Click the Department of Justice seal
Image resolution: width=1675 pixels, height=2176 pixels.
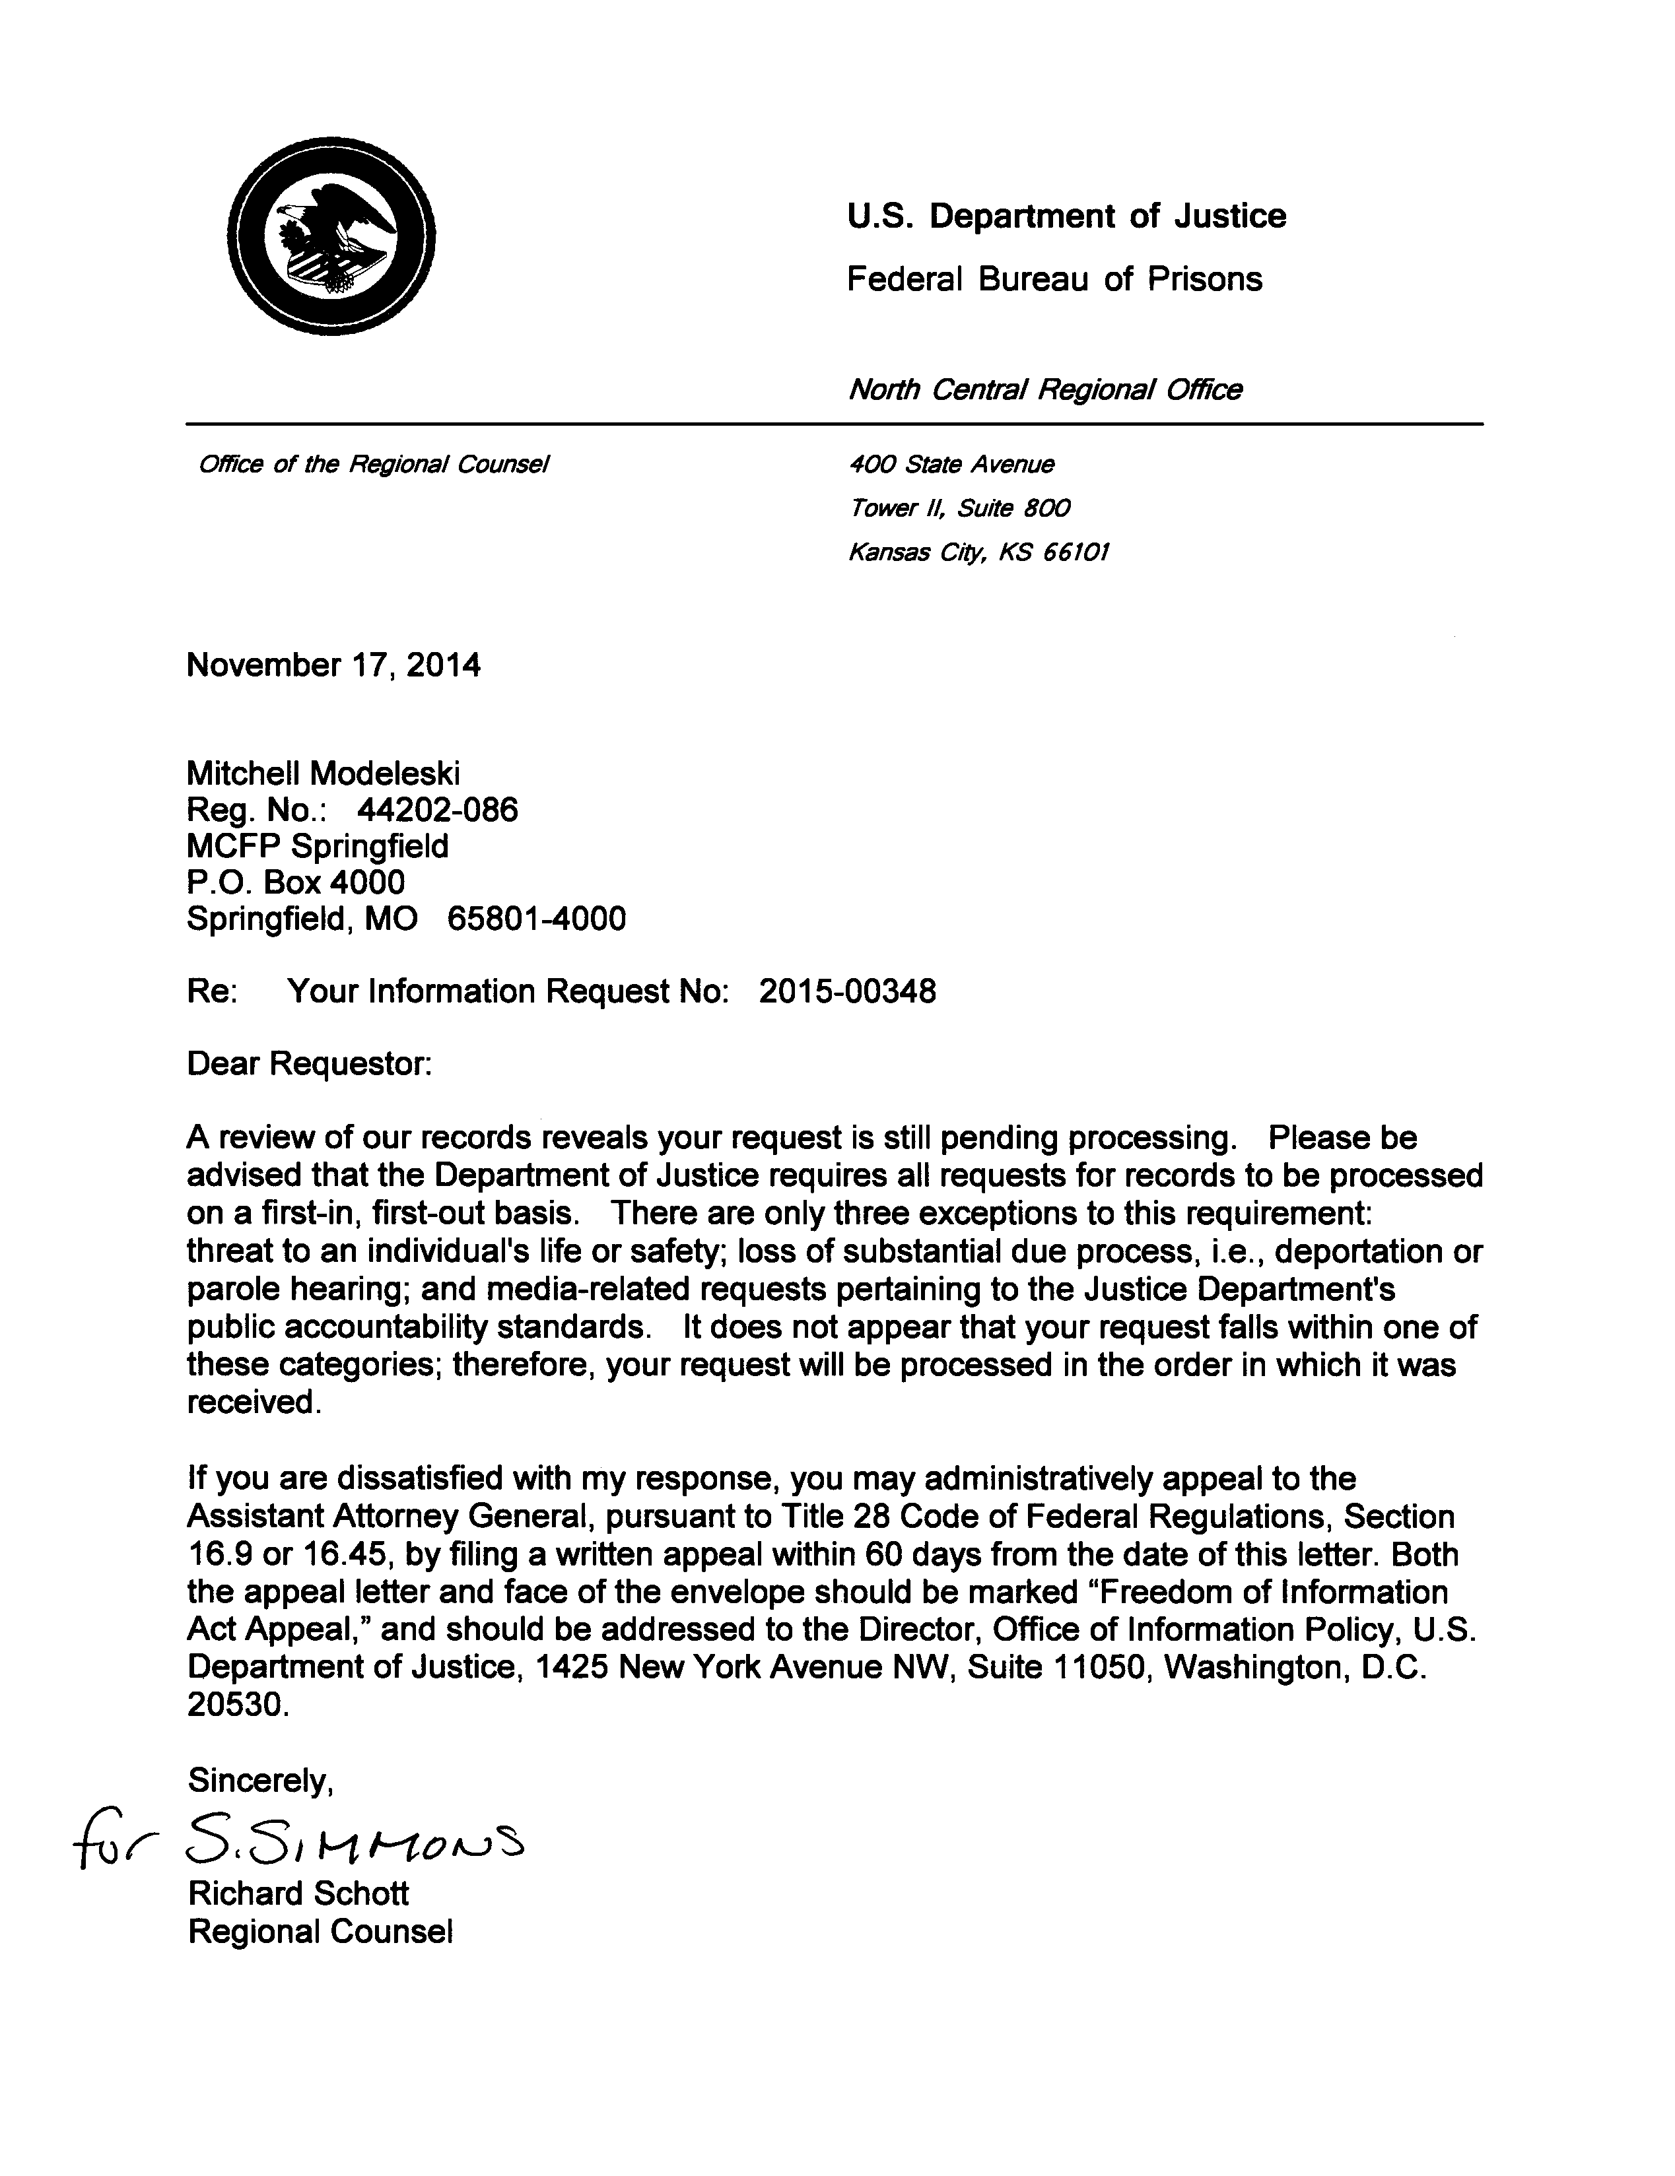pyautogui.click(x=331, y=237)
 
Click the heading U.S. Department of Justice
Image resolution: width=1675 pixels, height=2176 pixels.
pyautogui.click(x=1065, y=216)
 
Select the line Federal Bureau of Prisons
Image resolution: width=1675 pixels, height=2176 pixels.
pyautogui.click(x=1053, y=279)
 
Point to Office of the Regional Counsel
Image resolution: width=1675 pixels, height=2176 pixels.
pyautogui.click(x=374, y=464)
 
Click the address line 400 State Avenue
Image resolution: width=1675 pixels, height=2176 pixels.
pyautogui.click(x=951, y=464)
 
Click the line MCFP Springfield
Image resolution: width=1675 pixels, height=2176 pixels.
pyautogui.click(x=317, y=846)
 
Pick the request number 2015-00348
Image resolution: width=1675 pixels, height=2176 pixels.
pyautogui.click(x=847, y=991)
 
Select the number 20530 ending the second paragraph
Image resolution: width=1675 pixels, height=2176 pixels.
pyautogui.click(x=237, y=1705)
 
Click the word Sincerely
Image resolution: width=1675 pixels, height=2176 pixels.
pyautogui.click(x=259, y=1779)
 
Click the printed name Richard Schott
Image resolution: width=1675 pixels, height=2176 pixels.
pyautogui.click(x=298, y=1893)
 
